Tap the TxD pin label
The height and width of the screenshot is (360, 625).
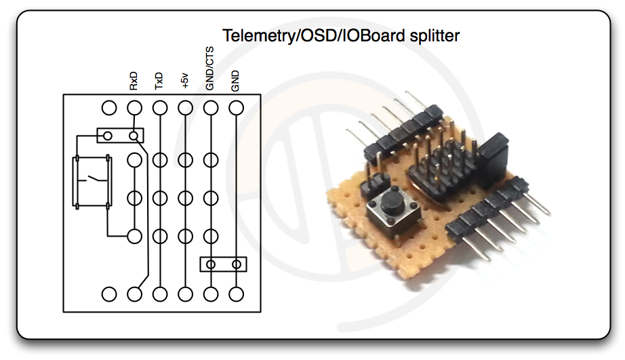159,82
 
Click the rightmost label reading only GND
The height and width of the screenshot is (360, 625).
235,81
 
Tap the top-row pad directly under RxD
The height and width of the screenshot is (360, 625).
134,108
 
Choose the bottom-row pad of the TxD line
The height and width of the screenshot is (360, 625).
160,294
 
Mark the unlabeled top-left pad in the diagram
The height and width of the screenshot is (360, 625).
108,108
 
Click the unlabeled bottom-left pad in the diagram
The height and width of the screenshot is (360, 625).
108,294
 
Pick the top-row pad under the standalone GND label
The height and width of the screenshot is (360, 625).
236,108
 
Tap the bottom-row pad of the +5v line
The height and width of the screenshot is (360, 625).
185,294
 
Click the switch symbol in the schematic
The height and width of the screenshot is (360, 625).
92,181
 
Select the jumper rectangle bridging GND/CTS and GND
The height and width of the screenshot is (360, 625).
223,264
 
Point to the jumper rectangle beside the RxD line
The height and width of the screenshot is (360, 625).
121,136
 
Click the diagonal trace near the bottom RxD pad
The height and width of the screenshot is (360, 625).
143,280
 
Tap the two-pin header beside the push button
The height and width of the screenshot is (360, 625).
375,182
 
